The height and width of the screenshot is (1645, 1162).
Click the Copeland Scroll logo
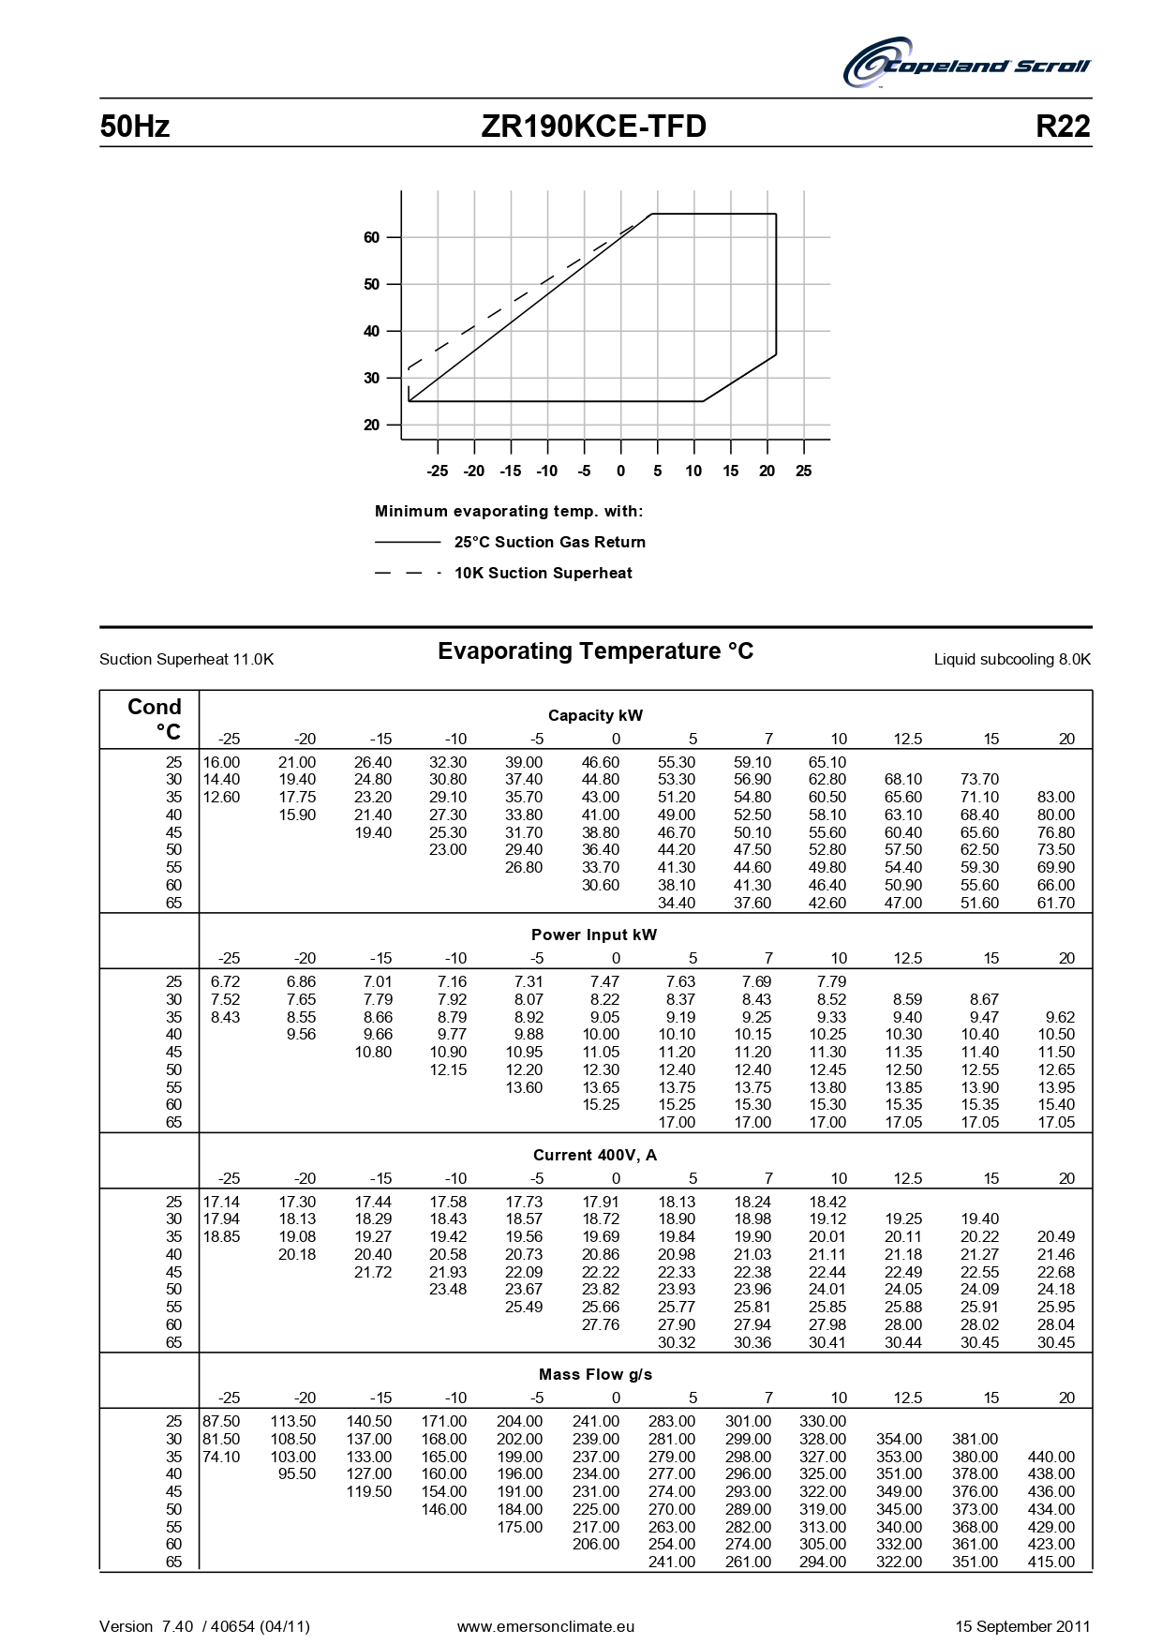[x=967, y=64]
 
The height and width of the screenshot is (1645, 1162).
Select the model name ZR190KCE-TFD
[x=593, y=127]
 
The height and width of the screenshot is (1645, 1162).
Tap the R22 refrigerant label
[x=1063, y=127]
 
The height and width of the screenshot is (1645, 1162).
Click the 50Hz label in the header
[x=135, y=127]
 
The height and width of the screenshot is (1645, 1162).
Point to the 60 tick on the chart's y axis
[x=372, y=238]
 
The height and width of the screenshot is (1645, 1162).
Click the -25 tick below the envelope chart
[x=437, y=471]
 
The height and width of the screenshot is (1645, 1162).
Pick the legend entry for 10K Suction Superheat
[x=543, y=574]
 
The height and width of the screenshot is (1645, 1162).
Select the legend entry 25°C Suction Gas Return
[x=549, y=543]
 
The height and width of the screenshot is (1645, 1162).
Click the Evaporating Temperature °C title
[x=595, y=651]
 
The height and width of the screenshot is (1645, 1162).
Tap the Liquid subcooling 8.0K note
[x=1012, y=660]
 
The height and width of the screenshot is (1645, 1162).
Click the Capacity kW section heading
[x=595, y=716]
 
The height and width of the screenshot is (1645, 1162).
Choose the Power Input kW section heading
[x=594, y=935]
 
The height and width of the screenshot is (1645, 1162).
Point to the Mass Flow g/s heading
[x=595, y=1375]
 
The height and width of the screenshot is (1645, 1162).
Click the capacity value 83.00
[x=1055, y=798]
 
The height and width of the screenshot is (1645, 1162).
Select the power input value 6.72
[x=225, y=982]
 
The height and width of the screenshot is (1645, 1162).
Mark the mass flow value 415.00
[x=1050, y=1563]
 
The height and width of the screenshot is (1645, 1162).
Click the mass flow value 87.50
[x=221, y=1422]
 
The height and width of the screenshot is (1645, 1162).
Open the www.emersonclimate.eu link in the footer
[x=545, y=1627]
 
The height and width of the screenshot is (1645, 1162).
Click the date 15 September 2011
[x=1022, y=1627]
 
